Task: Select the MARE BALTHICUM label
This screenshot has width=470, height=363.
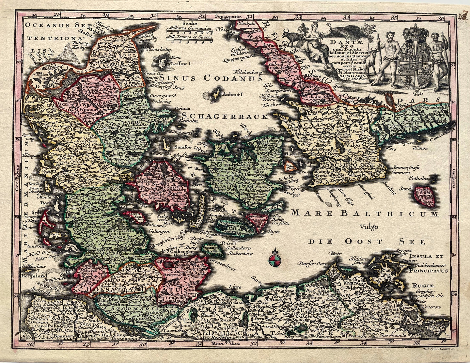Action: pos(365,213)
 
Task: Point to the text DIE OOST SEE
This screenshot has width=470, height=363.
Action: pos(363,242)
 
